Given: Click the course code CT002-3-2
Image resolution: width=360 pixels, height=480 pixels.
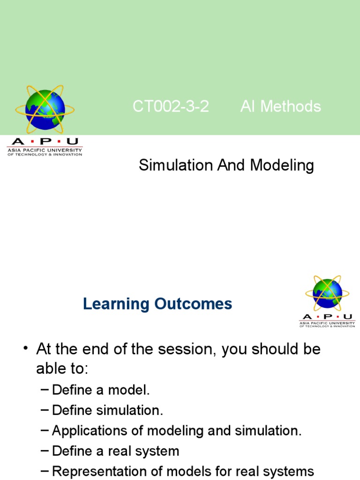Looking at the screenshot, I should tap(171, 107).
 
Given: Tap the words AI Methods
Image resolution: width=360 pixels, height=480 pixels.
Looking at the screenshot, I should tap(280, 107).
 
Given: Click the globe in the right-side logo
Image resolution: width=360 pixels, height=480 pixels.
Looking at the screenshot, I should tap(327, 293).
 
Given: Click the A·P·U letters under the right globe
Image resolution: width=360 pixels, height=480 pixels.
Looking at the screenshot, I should tap(327, 316).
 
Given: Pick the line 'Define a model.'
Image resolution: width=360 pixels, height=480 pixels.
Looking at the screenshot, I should tap(101, 390).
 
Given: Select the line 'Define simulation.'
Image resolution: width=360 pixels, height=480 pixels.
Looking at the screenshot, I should tap(107, 411).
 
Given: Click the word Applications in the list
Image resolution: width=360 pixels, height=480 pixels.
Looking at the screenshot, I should tap(90, 431).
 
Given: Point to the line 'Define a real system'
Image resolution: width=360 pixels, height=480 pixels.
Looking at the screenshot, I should tap(115, 451).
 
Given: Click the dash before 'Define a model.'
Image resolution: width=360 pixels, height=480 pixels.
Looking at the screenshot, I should tap(45, 390).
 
